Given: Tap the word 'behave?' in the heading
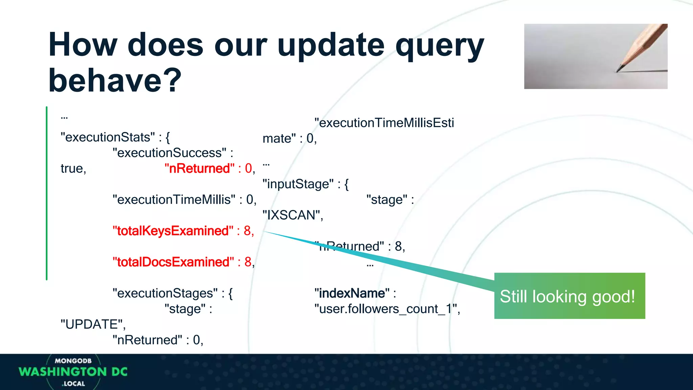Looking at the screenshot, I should pyautogui.click(x=115, y=81).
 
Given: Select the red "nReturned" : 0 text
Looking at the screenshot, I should pyautogui.click(x=209, y=168).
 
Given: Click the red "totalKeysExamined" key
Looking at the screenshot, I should pyautogui.click(x=173, y=231).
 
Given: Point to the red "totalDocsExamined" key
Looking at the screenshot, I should pyautogui.click(x=173, y=262).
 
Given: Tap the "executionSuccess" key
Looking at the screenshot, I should pyautogui.click(x=170, y=153).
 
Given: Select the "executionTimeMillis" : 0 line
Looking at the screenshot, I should pyautogui.click(x=184, y=200).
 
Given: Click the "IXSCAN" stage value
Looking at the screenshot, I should pyautogui.click(x=292, y=215).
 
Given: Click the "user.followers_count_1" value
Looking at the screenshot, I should pyautogui.click(x=386, y=309).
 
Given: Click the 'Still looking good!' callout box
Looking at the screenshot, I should pyautogui.click(x=569, y=296).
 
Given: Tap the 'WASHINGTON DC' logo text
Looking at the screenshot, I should pyautogui.click(x=73, y=372).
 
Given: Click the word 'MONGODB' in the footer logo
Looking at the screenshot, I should pyautogui.click(x=73, y=361).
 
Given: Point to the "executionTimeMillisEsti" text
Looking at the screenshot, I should pyautogui.click(x=384, y=123).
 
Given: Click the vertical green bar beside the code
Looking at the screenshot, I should pyautogui.click(x=47, y=193).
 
